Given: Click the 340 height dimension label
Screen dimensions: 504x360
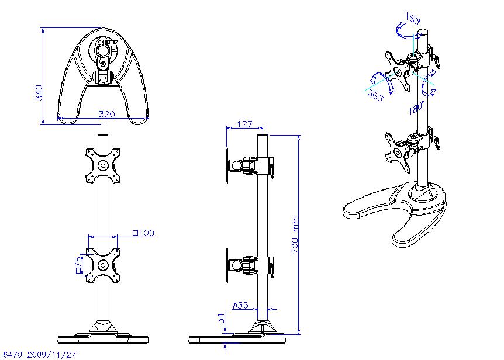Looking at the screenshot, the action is pos(39,92).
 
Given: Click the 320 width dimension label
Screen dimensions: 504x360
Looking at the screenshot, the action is pos(107,114).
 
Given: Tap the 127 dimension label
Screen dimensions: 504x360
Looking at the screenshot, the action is pos(244,124).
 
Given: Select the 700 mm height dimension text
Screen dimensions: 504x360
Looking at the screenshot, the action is pos(295,235).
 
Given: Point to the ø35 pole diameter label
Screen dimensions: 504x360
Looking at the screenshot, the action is pos(240,304).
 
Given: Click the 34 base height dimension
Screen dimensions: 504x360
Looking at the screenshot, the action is pos(221,319).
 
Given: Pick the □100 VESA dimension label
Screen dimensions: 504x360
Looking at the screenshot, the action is pos(143,233).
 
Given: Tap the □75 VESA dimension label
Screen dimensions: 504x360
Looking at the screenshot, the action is pos(78,265).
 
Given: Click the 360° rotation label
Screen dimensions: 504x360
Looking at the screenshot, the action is pos(376,95).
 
